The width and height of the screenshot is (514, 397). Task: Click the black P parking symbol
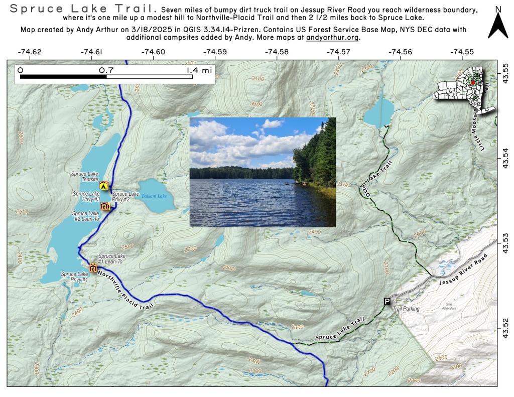[x=387, y=301]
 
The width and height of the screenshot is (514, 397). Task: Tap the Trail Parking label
[x=406, y=309]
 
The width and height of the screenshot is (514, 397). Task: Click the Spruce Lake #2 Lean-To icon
[x=105, y=206]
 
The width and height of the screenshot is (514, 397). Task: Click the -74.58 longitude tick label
[x=277, y=52]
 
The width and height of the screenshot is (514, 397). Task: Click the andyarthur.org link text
[x=332, y=38]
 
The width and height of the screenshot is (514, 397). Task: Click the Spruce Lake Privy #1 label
[x=74, y=277]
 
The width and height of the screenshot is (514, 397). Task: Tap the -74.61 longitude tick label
[x=91, y=52]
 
